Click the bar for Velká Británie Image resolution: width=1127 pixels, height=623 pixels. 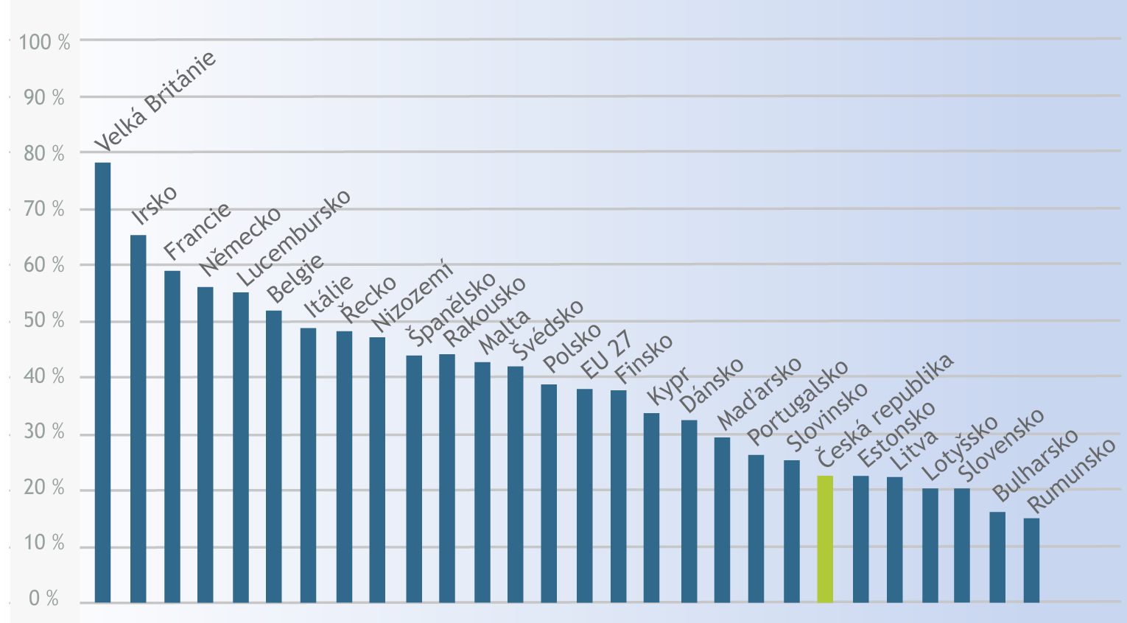(x=102, y=382)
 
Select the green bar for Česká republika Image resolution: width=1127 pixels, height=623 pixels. (x=825, y=539)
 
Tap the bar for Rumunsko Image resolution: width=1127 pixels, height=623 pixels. (x=1031, y=560)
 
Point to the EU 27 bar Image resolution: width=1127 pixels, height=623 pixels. (x=584, y=496)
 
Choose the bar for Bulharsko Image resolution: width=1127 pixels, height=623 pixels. (x=997, y=557)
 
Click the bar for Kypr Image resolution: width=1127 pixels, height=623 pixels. (x=651, y=507)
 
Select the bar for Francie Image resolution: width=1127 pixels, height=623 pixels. (x=172, y=437)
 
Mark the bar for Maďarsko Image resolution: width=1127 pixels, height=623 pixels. (x=722, y=520)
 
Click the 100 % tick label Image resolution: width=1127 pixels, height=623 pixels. (x=44, y=42)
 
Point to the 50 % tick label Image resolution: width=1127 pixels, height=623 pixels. (x=43, y=321)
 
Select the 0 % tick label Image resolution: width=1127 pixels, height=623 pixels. (x=43, y=599)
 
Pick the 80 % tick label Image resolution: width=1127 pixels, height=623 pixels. (x=43, y=153)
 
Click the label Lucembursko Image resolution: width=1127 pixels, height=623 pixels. (x=294, y=238)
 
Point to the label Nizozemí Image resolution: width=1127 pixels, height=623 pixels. (x=412, y=298)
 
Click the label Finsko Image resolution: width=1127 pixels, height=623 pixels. (x=643, y=359)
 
